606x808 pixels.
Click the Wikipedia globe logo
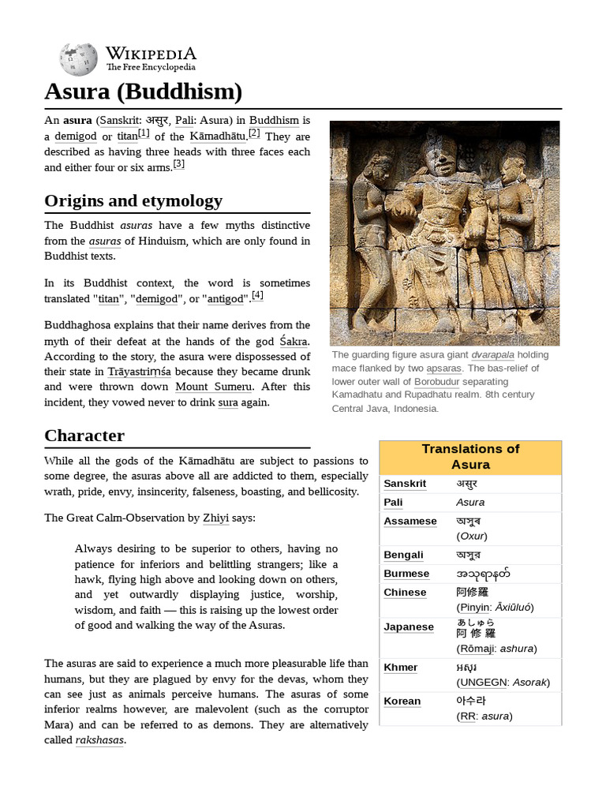[x=78, y=59]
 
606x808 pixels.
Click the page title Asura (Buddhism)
[x=143, y=92]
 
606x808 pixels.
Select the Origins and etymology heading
[x=133, y=200]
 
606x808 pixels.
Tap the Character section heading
[x=84, y=435]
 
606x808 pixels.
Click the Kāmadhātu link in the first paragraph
[x=217, y=136]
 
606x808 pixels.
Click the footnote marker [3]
[x=178, y=164]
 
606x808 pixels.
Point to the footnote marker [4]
[x=257, y=296]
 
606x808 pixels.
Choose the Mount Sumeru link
[x=214, y=387]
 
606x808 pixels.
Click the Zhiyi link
[x=216, y=518]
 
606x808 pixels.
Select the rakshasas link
[x=99, y=740]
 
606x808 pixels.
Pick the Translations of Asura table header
[x=470, y=457]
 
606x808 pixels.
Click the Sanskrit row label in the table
[x=405, y=484]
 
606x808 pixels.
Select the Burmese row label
[x=406, y=574]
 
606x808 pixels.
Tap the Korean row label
[x=402, y=701]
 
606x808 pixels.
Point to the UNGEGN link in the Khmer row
[x=481, y=682]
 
